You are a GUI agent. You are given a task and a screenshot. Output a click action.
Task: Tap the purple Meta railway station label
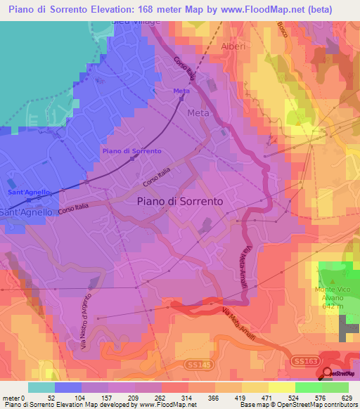pyautogui.click(x=180, y=91)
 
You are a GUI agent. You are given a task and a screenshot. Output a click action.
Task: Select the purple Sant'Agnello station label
pyautogui.click(x=25, y=191)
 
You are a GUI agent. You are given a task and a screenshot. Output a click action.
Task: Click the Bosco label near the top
pyautogui.click(x=283, y=32)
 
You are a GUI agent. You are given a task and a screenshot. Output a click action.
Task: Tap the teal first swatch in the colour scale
pyautogui.click(x=41, y=387)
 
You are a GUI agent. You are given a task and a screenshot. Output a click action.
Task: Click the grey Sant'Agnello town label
pyautogui.click(x=25, y=212)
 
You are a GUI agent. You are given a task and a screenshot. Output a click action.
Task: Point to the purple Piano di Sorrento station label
pyautogui.click(x=131, y=151)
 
